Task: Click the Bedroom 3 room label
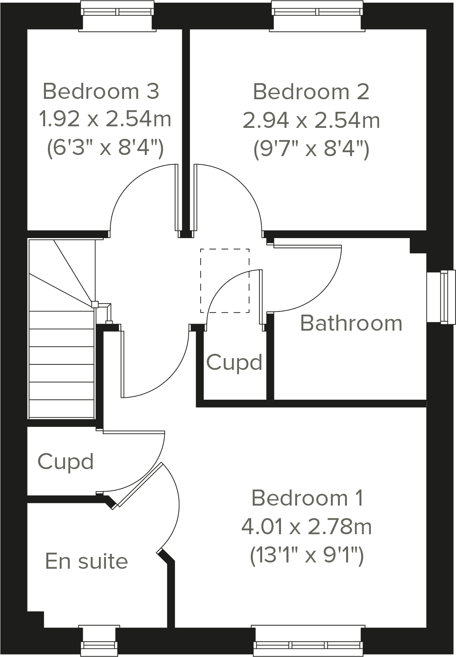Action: coord(101,91)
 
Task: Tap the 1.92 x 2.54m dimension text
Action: coord(105,119)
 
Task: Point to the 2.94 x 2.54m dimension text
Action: coord(311,120)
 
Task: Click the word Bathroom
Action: coord(351,324)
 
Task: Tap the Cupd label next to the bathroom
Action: coord(234,362)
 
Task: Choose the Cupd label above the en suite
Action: coord(66,462)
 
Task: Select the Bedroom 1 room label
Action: coord(307,498)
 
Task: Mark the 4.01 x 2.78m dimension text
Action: coord(306,526)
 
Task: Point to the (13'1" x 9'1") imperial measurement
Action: coord(307,555)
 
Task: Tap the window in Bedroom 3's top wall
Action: coord(117,12)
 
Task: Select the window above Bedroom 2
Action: coord(317,12)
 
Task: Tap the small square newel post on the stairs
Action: coord(95,304)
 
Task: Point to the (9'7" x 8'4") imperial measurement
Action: coord(311,149)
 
